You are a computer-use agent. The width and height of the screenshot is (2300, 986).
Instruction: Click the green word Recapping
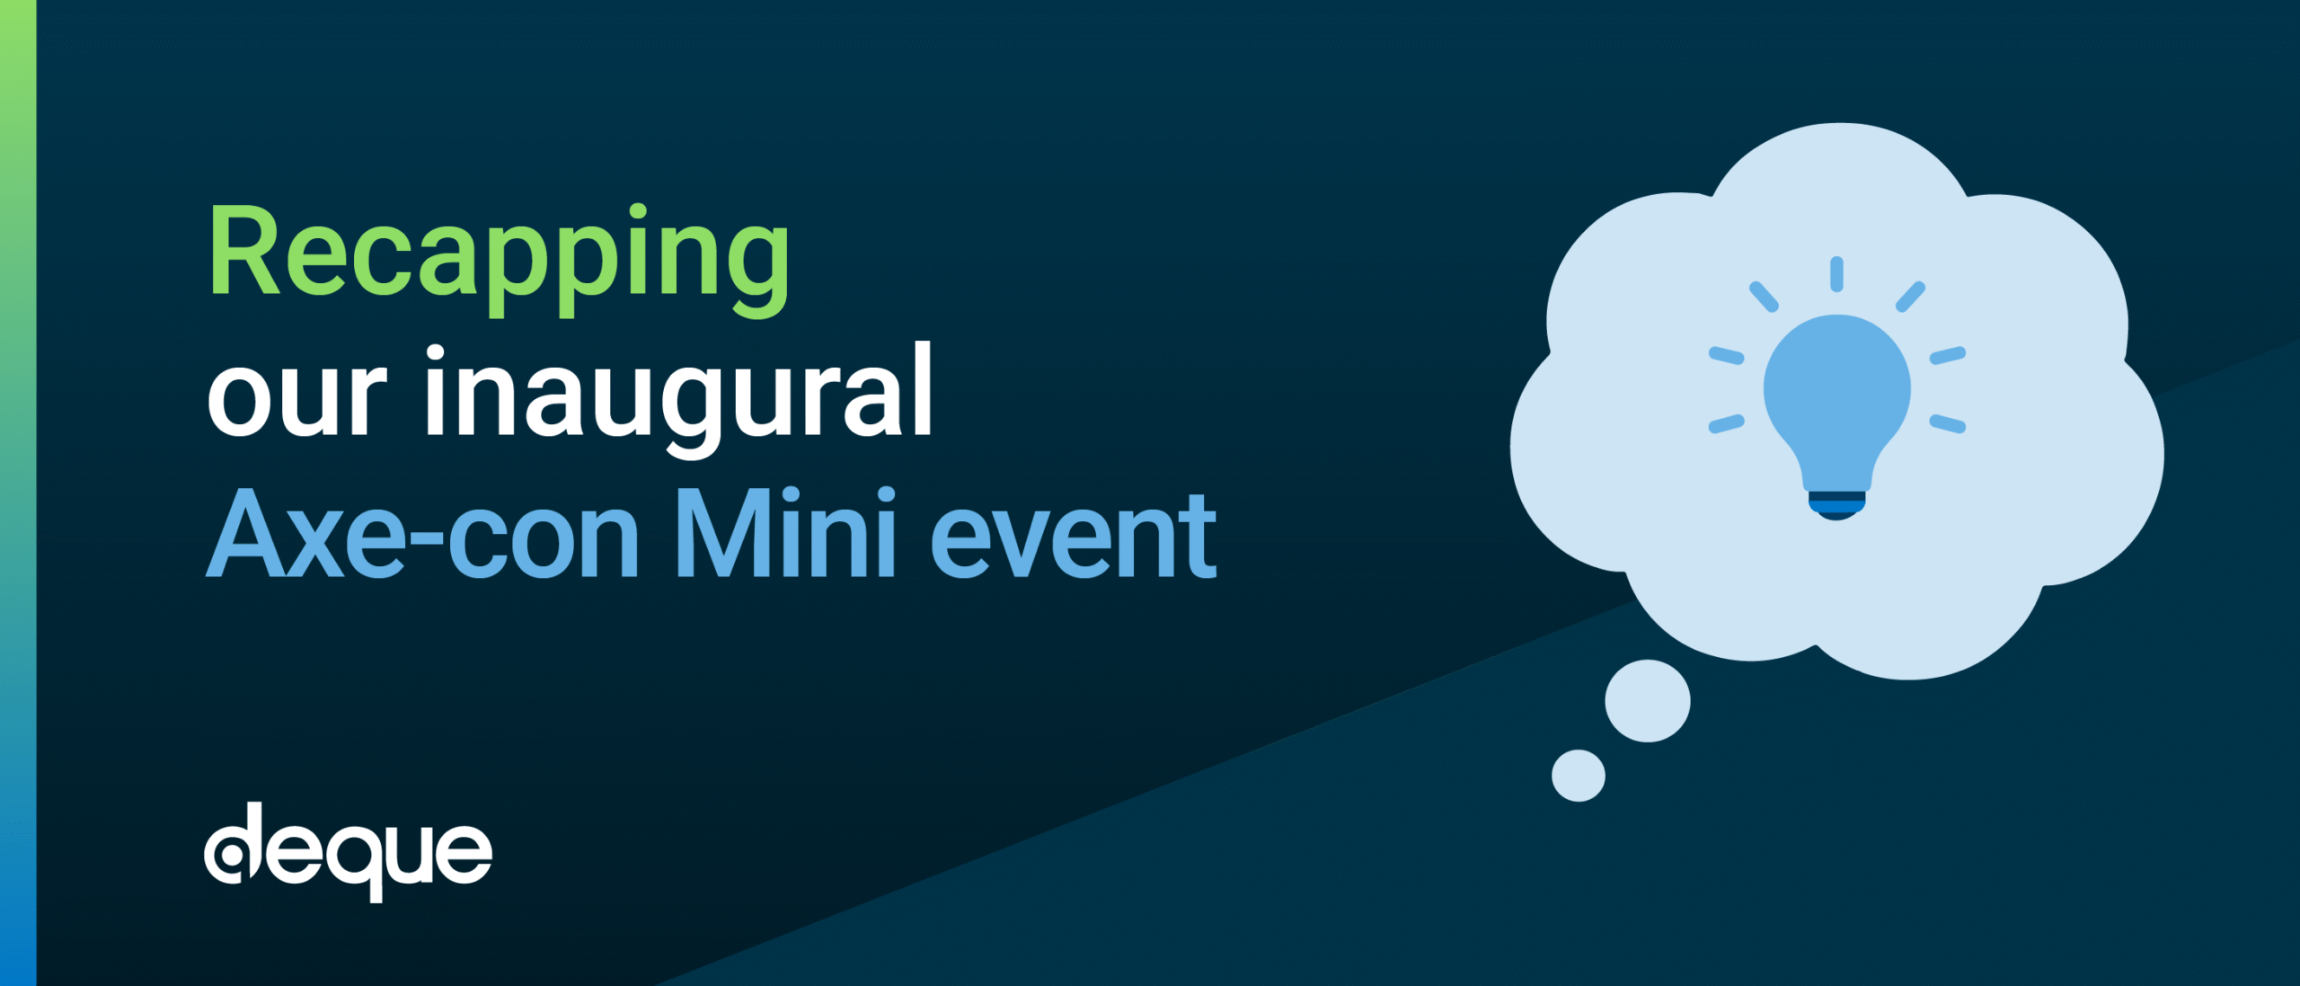[x=499, y=261]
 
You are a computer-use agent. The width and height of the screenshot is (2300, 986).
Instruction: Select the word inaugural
[x=679, y=401]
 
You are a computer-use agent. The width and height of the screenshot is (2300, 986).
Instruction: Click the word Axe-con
[x=422, y=534]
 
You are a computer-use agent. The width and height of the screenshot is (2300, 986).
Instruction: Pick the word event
[x=1074, y=537]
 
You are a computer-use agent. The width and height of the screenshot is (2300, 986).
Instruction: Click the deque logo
[x=349, y=852]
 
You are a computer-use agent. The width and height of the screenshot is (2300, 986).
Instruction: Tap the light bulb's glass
[x=1837, y=401]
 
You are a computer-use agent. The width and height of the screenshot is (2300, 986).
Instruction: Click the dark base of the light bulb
[x=1837, y=506]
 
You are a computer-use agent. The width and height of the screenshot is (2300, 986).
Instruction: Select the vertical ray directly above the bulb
[x=1837, y=274]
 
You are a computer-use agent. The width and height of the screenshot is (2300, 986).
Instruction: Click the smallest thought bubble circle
[x=1579, y=775]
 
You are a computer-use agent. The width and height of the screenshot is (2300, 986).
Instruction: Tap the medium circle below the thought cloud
[x=1648, y=701]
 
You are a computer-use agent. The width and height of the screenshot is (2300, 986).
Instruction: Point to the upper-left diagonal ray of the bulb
[x=1764, y=297]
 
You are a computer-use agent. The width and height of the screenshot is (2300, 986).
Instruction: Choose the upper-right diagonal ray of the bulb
[x=1911, y=297]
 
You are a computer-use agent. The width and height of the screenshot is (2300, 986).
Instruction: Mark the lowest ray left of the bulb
[x=1726, y=423]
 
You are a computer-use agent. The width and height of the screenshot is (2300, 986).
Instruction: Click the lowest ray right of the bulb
[x=1948, y=423]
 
